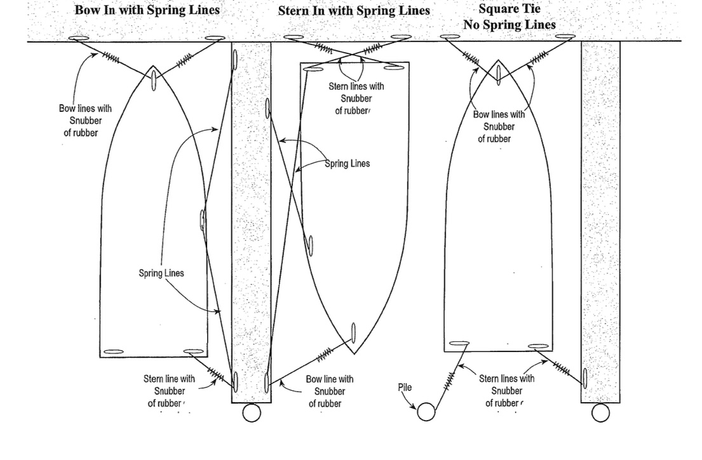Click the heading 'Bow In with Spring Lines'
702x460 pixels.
[x=147, y=10]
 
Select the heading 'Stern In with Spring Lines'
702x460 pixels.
[x=354, y=10]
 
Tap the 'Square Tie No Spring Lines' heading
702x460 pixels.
[x=510, y=17]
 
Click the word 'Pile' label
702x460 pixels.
[x=405, y=387]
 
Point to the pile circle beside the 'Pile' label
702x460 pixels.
[x=426, y=412]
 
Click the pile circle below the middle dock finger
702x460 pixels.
[x=252, y=412]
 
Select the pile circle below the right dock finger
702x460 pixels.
[x=600, y=412]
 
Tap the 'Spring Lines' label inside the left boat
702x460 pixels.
[x=161, y=273]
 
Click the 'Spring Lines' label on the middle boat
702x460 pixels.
[x=348, y=163]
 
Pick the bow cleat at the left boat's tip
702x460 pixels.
[x=154, y=78]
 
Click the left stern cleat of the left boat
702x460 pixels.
[x=114, y=352]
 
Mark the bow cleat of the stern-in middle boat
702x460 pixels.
[x=353, y=334]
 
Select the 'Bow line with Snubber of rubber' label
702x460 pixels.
[x=330, y=391]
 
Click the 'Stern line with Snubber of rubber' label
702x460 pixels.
[x=169, y=391]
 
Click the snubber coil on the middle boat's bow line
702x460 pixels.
[x=325, y=355]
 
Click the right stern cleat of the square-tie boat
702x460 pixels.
[x=538, y=346]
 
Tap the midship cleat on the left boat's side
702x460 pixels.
[x=203, y=220]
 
